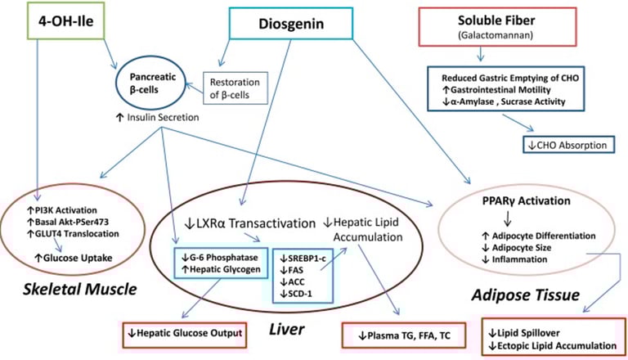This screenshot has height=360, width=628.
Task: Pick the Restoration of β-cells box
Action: (x=235, y=87)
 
